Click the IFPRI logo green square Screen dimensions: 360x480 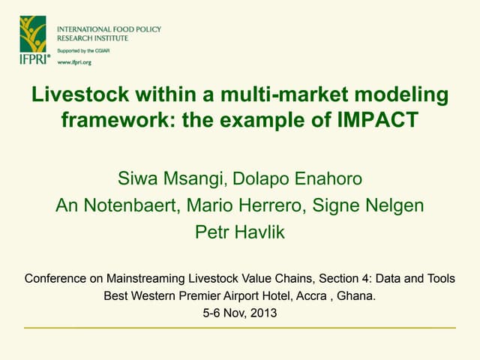click(x=33, y=34)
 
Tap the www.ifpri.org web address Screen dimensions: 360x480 click(x=75, y=62)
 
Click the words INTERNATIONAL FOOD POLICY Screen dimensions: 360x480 click(x=109, y=29)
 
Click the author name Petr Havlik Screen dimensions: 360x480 click(x=240, y=232)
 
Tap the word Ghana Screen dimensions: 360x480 click(x=355, y=296)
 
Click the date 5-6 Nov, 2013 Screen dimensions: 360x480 click(x=240, y=313)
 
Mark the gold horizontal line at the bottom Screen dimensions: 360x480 click(x=240, y=328)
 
